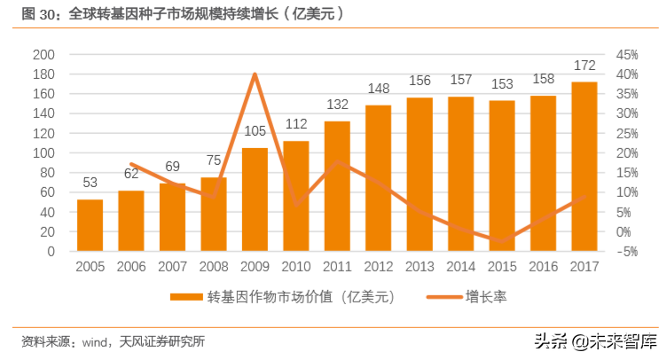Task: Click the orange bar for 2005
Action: tap(90, 225)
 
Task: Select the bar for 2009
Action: tap(255, 200)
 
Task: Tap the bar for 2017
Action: tap(585, 167)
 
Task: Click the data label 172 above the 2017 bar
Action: tap(585, 66)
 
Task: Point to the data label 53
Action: tap(90, 183)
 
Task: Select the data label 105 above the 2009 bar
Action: tap(255, 131)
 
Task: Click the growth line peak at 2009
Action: tap(255, 74)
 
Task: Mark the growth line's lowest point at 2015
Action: tap(502, 240)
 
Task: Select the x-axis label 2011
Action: tap(337, 266)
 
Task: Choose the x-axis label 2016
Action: tap(543, 266)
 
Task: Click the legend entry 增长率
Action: tap(486, 297)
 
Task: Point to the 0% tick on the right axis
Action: tap(625, 232)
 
